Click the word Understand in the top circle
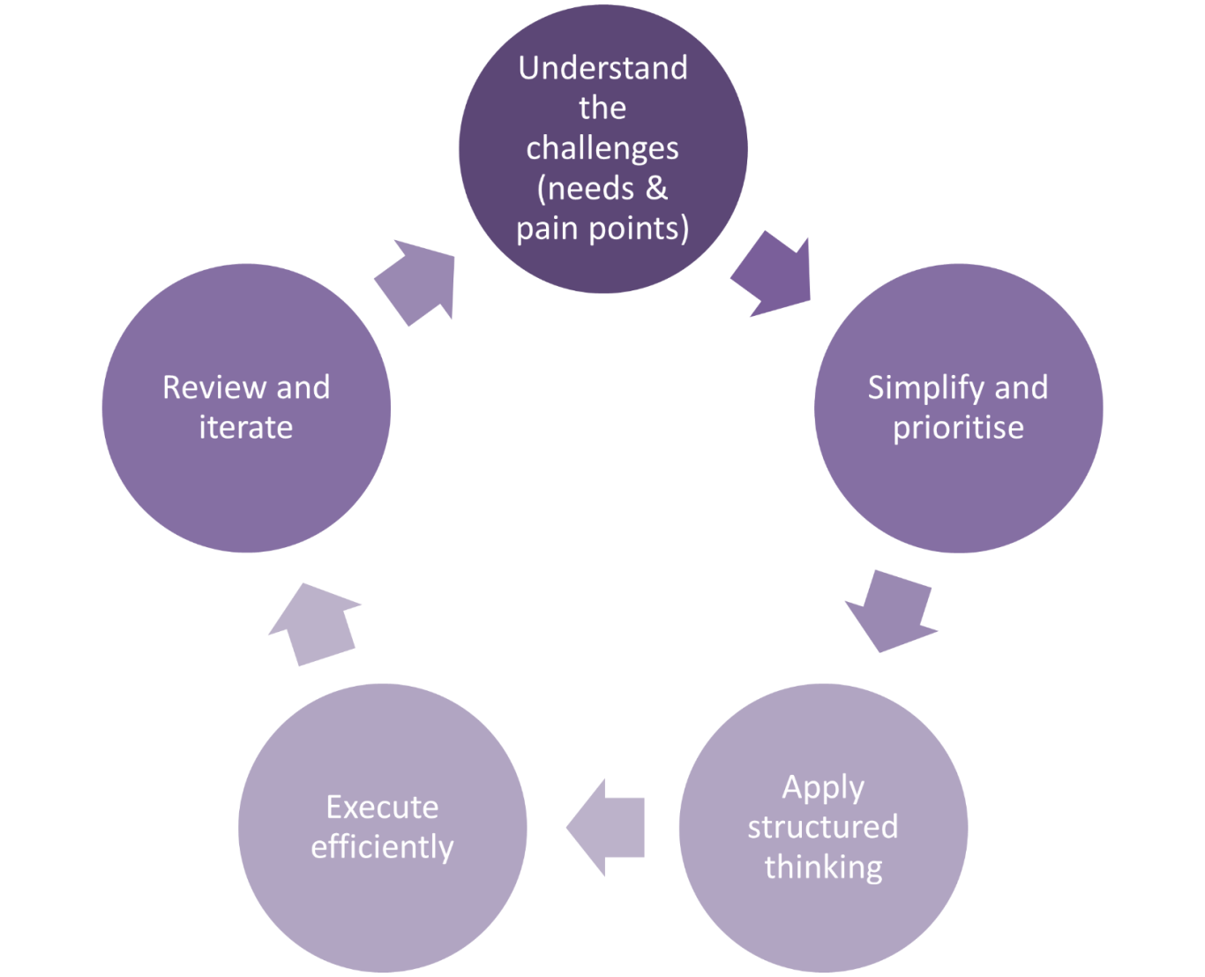point(602,68)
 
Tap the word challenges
point(602,148)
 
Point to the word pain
point(545,229)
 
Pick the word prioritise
point(958,428)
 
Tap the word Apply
point(823,787)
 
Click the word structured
point(823,827)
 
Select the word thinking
point(823,867)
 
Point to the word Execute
point(382,807)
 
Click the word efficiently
point(382,847)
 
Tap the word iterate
point(246,428)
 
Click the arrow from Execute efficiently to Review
point(315,623)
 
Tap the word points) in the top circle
point(641,229)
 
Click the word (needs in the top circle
point(580,188)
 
